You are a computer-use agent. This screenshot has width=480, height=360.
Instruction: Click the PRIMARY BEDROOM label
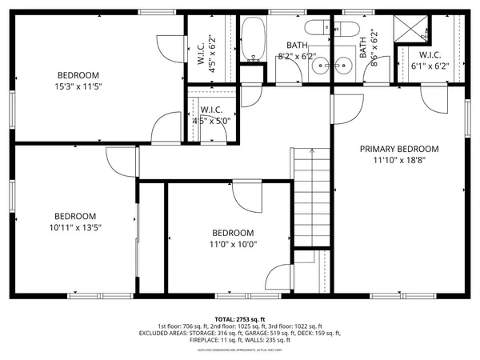pos(398,149)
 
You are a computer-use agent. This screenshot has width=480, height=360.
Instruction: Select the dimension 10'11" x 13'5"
pos(75,226)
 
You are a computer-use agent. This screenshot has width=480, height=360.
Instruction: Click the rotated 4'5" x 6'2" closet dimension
pos(212,50)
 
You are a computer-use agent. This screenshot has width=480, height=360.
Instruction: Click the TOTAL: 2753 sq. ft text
pos(239,318)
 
